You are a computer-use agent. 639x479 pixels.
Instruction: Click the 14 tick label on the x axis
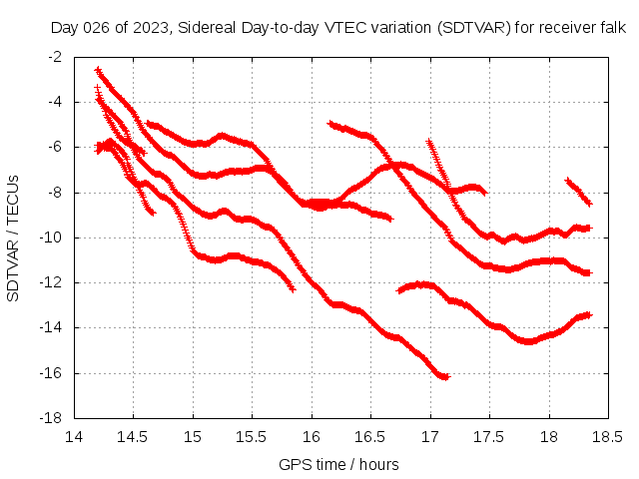pos(74,437)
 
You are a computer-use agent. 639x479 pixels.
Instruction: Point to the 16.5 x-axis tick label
pos(370,437)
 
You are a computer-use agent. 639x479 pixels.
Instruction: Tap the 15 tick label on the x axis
pos(193,437)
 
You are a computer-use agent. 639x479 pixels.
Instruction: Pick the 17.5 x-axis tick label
pos(489,437)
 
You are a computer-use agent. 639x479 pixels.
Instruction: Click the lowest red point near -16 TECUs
pos(446,377)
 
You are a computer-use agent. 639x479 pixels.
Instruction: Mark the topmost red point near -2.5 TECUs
pos(97,70)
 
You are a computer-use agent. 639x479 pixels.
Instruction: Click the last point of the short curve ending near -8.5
pos(590,204)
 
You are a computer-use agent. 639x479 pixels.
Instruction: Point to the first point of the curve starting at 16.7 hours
pos(399,290)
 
